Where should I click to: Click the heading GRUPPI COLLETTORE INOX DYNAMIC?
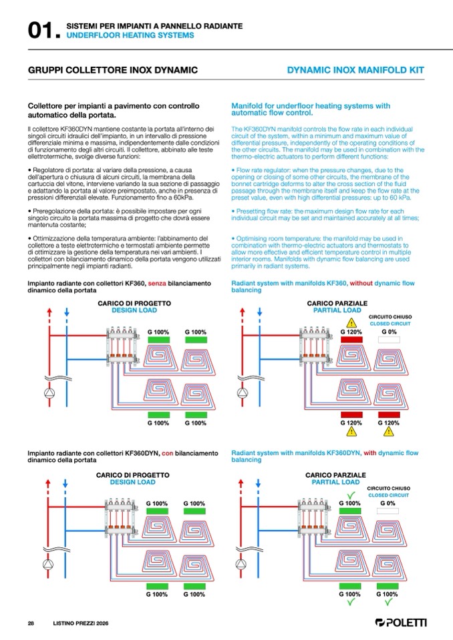(x=113, y=70)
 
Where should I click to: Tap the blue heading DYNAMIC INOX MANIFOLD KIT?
(x=355, y=70)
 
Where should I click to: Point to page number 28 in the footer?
(x=31, y=623)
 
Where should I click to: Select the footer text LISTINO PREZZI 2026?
(x=80, y=623)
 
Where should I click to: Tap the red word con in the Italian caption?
(x=168, y=453)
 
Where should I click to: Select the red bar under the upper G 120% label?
(x=351, y=340)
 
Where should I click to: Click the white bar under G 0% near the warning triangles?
(x=389, y=340)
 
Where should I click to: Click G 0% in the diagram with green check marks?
(x=388, y=503)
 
